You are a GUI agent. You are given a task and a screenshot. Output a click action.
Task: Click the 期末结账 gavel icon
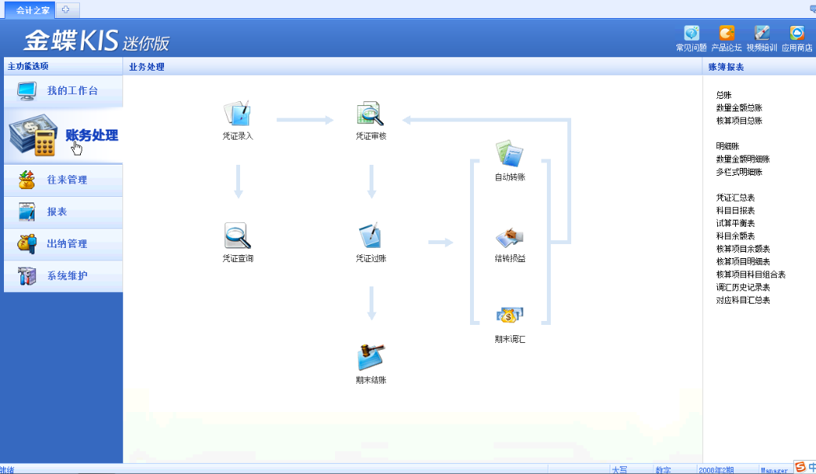coord(370,358)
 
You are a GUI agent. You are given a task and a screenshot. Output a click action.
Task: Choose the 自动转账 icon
coord(509,154)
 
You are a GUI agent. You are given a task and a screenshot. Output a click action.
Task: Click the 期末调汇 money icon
coord(509,316)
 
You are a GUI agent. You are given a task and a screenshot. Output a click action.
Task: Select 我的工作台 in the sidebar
coord(71,91)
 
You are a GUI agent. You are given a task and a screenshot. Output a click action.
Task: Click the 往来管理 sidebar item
coord(67,180)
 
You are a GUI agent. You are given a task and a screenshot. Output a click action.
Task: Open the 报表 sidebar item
coord(56,212)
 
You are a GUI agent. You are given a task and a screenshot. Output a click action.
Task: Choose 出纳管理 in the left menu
coord(67,244)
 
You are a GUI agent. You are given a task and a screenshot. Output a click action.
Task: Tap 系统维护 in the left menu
coord(67,276)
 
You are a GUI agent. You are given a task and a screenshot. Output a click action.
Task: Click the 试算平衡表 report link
coord(735,224)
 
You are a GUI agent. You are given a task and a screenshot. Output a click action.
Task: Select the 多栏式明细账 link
coord(739,172)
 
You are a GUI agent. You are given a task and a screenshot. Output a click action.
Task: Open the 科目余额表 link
coord(735,236)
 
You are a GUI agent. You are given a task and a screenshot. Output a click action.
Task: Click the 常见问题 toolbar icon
coord(691,34)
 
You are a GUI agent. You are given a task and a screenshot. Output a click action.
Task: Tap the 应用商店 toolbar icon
coord(796,34)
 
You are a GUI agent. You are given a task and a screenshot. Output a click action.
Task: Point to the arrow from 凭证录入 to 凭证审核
coord(304,120)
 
